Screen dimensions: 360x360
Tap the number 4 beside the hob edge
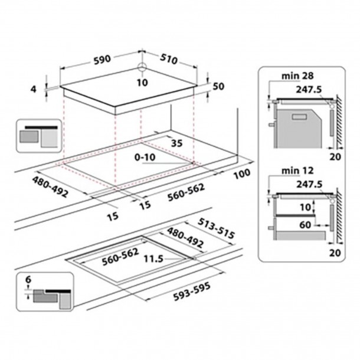coord(34,89)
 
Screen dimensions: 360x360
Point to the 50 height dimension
coord(219,87)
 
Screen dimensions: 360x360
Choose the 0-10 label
coord(146,158)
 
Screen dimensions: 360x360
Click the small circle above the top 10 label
coord(142,67)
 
